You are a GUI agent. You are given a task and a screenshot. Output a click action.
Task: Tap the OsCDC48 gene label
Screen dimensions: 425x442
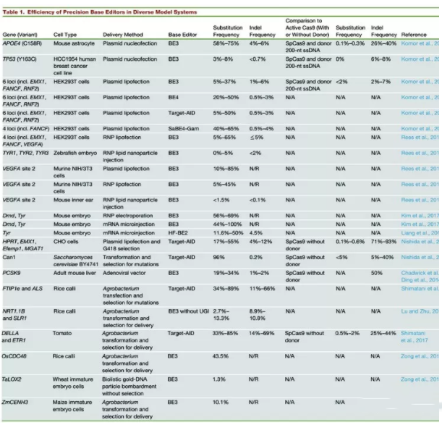18,355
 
